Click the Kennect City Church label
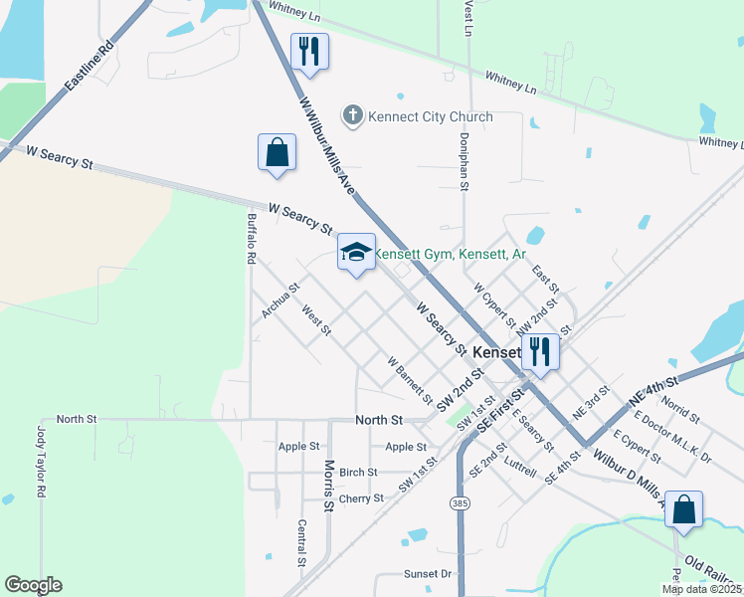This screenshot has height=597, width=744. click(x=430, y=116)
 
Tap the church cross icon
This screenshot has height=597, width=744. click(x=351, y=116)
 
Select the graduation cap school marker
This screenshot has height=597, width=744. click(x=355, y=253)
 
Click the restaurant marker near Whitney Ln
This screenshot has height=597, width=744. click(x=307, y=52)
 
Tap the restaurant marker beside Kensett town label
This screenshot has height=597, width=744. click(x=540, y=352)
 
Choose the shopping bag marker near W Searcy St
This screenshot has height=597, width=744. click(x=277, y=153)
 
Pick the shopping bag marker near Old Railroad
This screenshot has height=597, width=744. click(x=683, y=510)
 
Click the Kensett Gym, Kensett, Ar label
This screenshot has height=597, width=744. click(x=449, y=255)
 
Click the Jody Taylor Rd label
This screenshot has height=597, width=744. click(x=42, y=462)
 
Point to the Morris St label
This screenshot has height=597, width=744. click(x=329, y=486)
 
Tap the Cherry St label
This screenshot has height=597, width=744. click(x=360, y=498)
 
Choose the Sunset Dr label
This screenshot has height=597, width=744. click(x=428, y=574)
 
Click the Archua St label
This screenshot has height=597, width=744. click(x=280, y=302)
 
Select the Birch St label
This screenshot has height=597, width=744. click(x=358, y=473)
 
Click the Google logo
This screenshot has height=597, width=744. click(x=33, y=585)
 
